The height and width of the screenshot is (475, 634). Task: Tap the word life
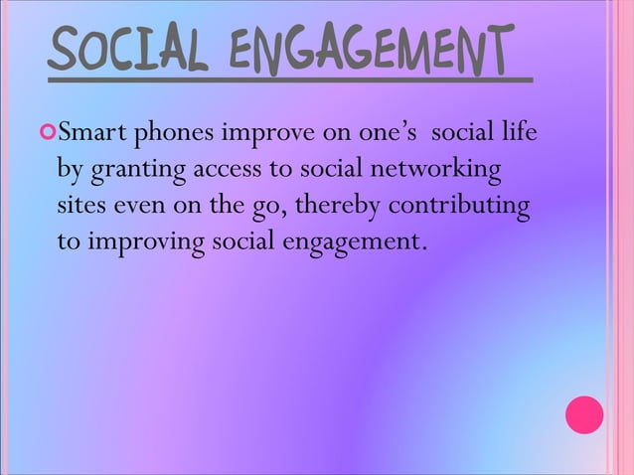click(518, 132)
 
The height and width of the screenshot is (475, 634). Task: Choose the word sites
click(81, 208)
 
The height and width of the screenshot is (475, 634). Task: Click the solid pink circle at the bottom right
click(583, 415)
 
